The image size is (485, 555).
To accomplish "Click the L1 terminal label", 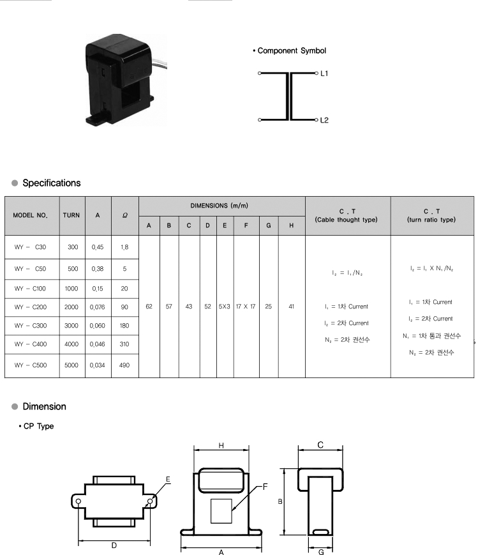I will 324,74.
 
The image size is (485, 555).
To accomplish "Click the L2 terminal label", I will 324,120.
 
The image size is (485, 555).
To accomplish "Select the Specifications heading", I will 52,183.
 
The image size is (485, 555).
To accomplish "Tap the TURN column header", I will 71,215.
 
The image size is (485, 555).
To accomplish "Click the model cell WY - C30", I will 31,247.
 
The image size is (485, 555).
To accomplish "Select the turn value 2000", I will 71,307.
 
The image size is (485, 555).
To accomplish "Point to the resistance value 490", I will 124,365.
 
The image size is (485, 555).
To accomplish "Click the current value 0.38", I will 98,269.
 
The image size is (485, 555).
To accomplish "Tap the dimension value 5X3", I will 224,307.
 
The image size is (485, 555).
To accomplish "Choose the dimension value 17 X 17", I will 246,307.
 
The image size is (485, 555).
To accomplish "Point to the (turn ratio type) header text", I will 431,220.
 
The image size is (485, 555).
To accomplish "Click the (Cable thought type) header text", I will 347,220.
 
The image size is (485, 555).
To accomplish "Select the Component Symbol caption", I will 291,50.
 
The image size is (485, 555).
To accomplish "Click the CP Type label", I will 38,426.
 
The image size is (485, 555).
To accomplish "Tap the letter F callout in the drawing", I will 265,487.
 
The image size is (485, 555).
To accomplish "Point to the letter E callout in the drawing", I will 168,479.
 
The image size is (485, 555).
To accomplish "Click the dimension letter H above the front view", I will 221,445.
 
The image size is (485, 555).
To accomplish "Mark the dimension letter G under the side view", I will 320,550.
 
